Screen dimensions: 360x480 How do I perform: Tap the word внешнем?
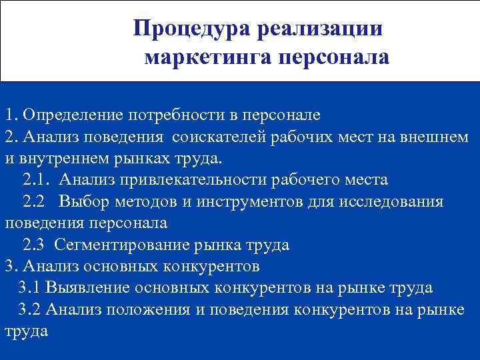coord(437,137)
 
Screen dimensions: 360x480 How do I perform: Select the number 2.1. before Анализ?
coord(34,180)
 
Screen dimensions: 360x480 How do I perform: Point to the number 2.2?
coord(34,201)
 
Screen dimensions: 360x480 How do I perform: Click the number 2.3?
coord(34,245)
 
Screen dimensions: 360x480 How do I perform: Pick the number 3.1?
coord(31,288)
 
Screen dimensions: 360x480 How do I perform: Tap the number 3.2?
coord(31,309)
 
